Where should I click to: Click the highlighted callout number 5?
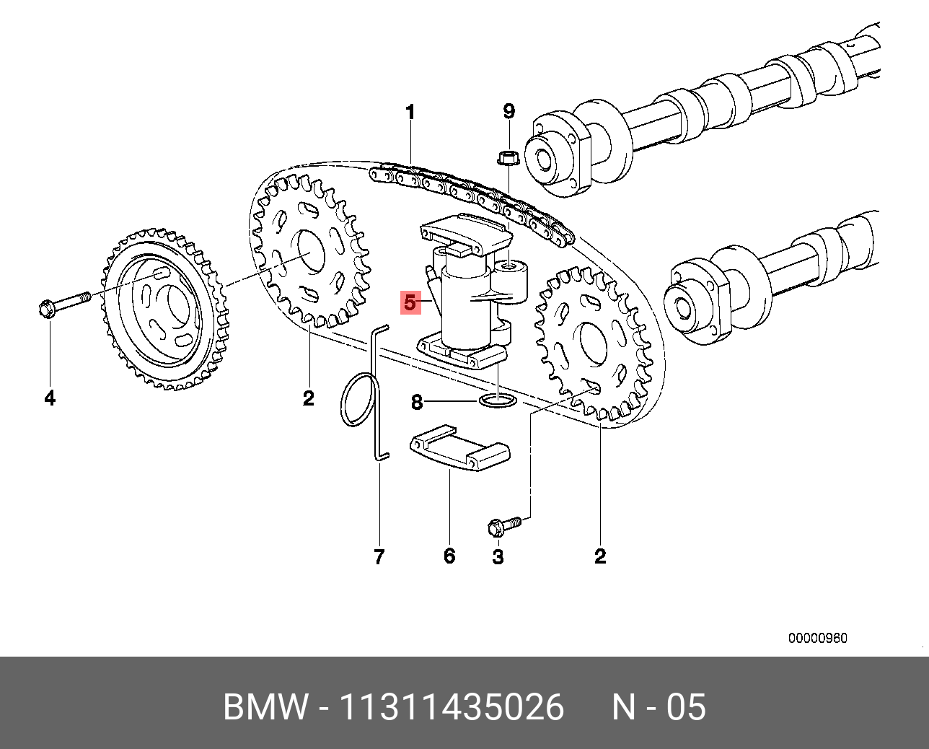coord(410,302)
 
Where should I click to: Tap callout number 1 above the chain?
coord(410,113)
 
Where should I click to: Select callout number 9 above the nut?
coord(508,111)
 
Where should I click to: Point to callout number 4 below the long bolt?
coord(50,398)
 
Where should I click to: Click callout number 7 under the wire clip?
coord(379,556)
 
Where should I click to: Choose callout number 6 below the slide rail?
coord(449,556)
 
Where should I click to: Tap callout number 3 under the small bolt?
coord(498,556)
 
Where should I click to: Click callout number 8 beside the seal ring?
coord(416,402)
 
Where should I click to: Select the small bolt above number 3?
coord(503,525)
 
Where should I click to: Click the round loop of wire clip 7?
coord(359,400)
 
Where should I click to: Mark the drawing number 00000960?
coord(817,638)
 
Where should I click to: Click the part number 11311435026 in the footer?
coord(452,707)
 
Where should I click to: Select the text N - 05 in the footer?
coord(659,707)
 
